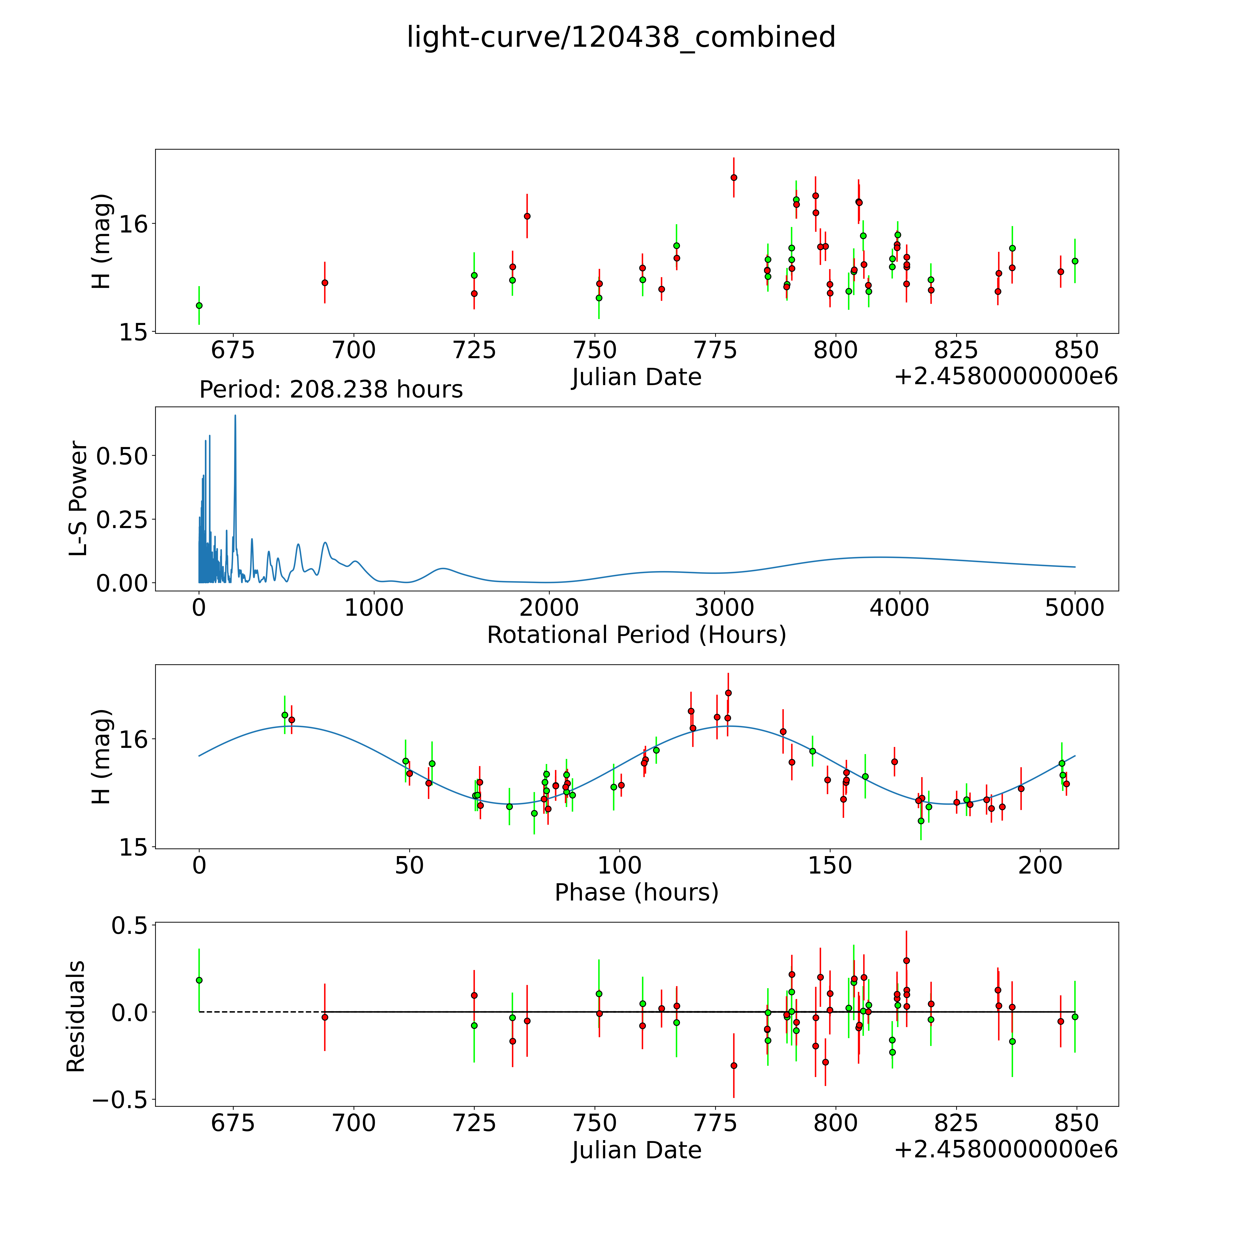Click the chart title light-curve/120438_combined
point(621,37)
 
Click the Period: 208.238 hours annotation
point(331,390)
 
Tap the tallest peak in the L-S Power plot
point(235,416)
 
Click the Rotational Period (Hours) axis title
point(636,635)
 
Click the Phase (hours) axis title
point(636,892)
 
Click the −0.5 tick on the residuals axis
point(120,1100)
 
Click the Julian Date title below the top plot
point(636,377)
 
